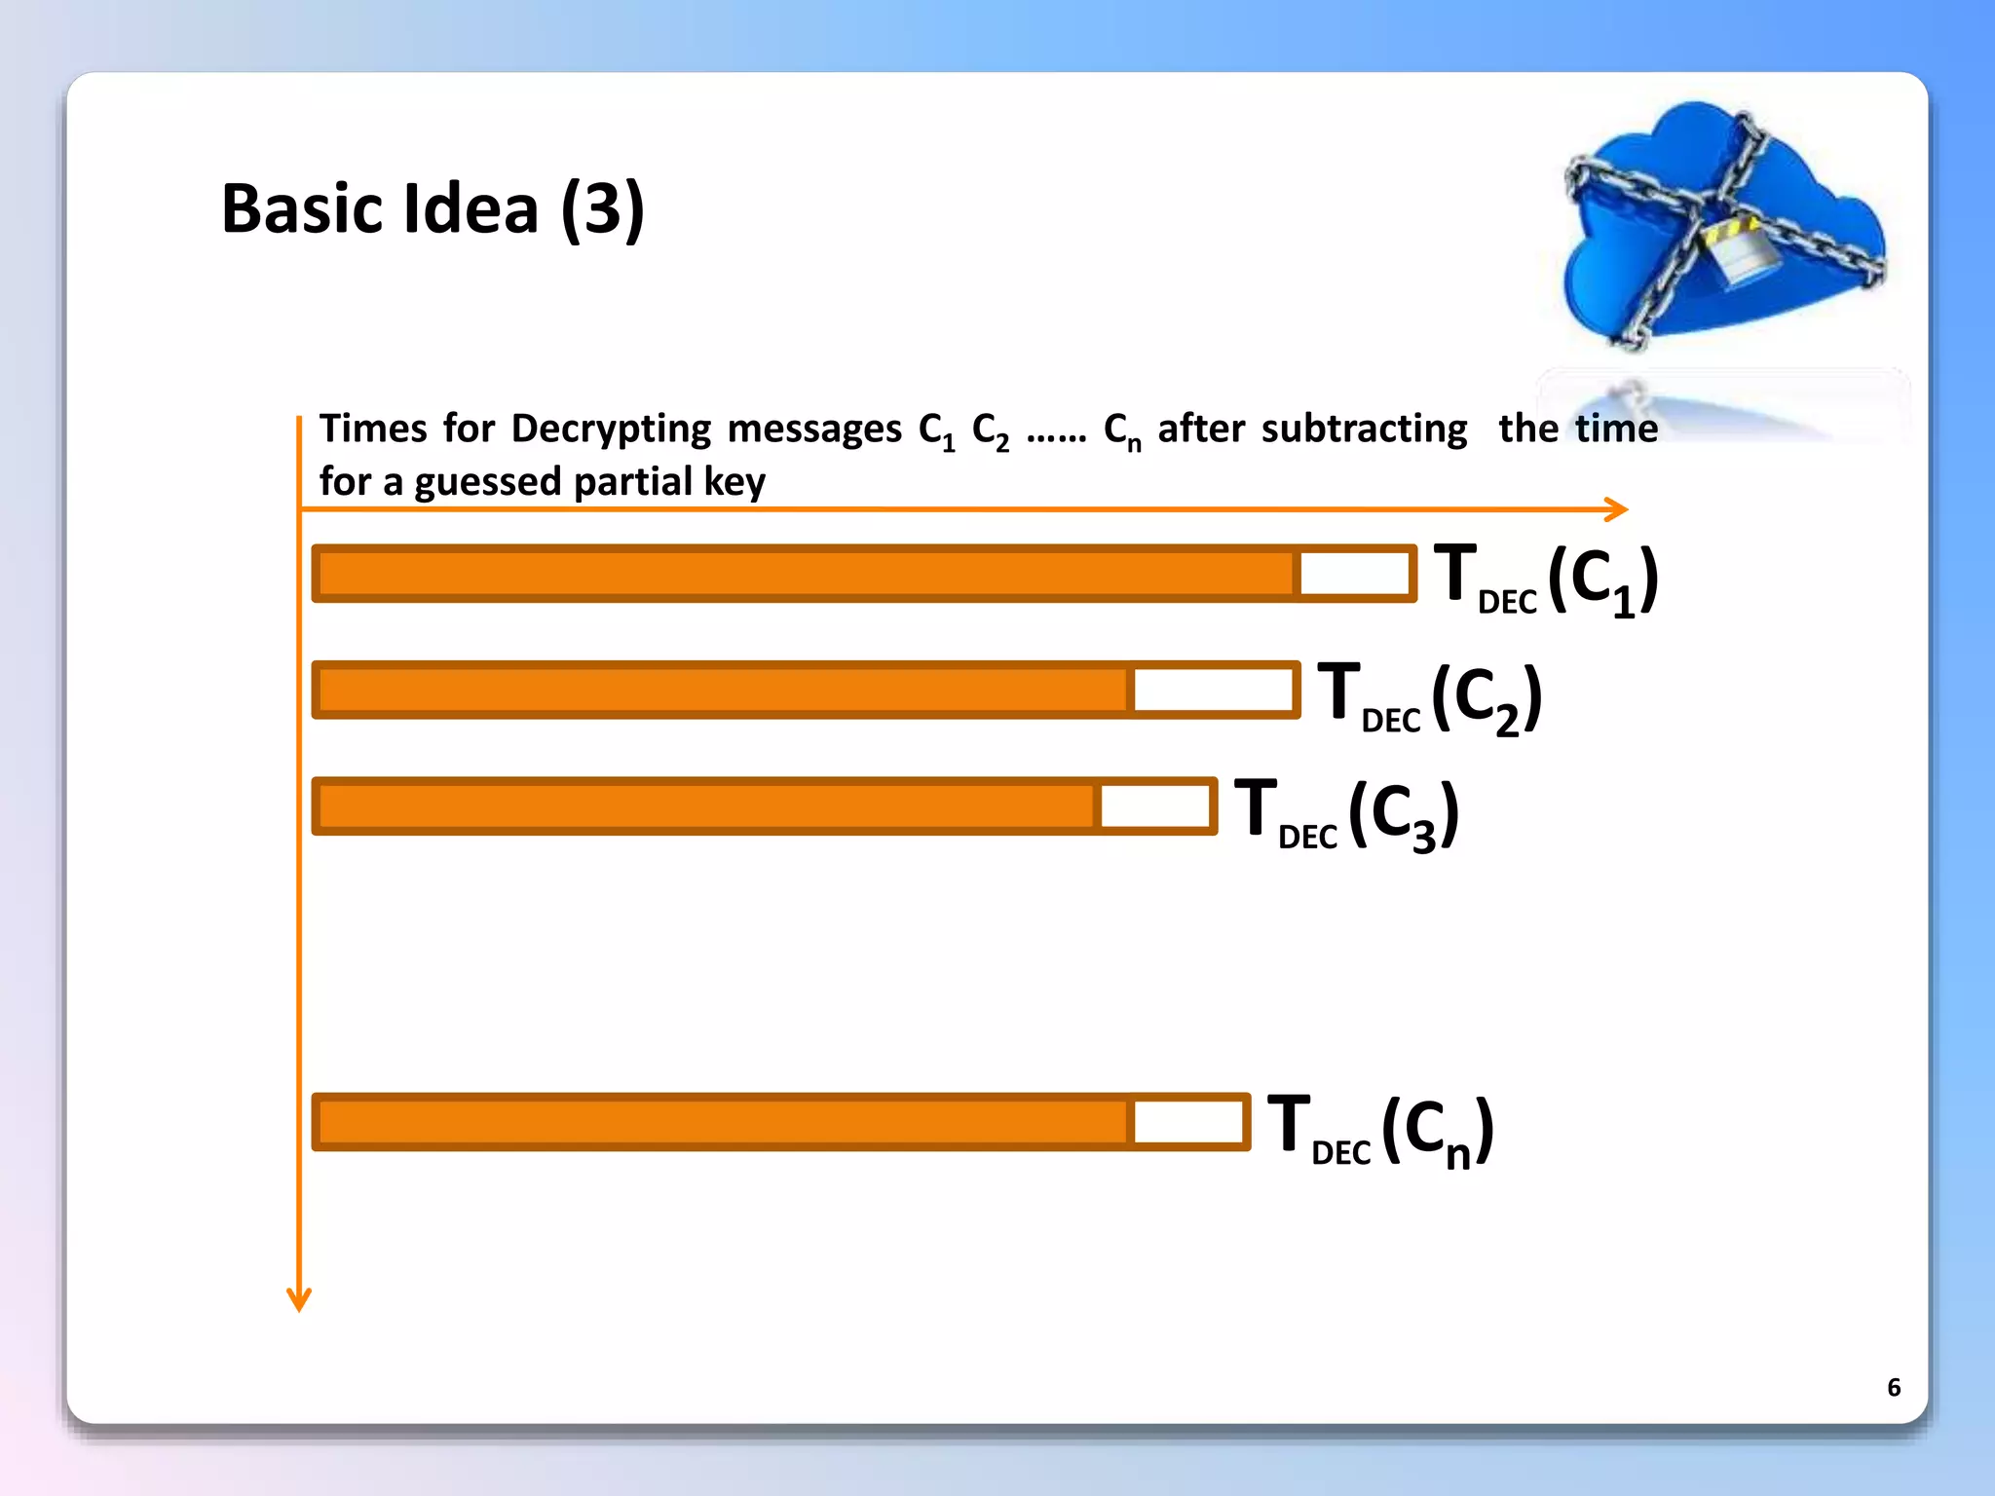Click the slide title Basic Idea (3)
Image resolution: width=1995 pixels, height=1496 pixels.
pos(433,208)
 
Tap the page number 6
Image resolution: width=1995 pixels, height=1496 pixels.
pos(1893,1387)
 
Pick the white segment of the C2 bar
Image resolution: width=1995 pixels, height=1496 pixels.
pos(1213,690)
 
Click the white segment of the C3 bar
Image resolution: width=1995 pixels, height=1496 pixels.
pos(1155,806)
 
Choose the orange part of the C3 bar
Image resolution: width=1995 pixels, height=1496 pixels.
pos(706,806)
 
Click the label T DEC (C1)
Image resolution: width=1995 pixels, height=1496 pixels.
pos(1546,580)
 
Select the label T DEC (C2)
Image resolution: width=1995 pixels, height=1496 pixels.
pos(1430,696)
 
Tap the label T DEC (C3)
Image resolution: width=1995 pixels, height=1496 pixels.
pos(1346,813)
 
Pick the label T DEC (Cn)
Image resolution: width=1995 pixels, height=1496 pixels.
pos(1379,1129)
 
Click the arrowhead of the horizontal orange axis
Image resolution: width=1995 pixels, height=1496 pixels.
pos(1617,508)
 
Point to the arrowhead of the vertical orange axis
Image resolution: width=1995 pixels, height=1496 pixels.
pos(299,1300)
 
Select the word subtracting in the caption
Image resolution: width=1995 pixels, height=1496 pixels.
pos(1364,429)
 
